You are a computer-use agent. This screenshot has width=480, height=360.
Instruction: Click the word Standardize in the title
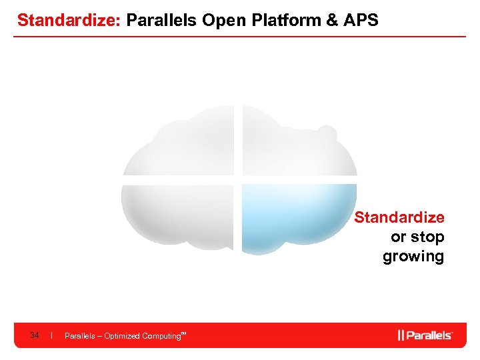tap(67, 20)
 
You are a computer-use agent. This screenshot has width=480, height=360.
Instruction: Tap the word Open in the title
tap(222, 20)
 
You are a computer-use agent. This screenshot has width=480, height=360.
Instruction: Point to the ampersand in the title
tap(331, 20)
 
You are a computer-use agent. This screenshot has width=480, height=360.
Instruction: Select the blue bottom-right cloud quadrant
tap(297, 217)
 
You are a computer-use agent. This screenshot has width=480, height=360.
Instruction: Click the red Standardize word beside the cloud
tap(399, 217)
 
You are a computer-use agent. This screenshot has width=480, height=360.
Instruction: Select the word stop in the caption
tap(427, 237)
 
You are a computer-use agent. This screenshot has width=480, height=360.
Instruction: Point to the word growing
tap(413, 256)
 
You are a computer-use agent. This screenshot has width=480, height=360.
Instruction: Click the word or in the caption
tap(398, 237)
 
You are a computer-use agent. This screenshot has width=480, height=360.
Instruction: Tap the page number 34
tap(35, 335)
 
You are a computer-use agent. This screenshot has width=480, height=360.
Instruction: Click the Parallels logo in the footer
tap(425, 335)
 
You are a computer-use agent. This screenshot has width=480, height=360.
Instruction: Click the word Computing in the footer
tap(161, 336)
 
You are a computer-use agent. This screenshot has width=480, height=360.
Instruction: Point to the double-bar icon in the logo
tap(401, 335)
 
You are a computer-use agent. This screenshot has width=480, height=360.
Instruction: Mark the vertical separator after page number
tap(51, 335)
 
